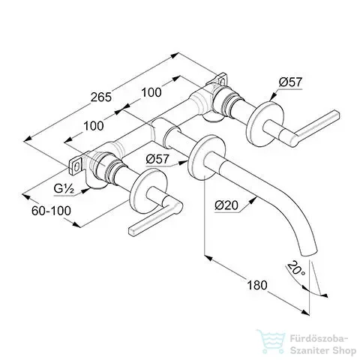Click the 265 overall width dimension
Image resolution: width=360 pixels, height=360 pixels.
pyautogui.click(x=101, y=97)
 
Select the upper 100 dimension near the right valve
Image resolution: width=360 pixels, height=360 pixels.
pyautogui.click(x=151, y=92)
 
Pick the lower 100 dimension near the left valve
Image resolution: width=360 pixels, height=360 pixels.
pyautogui.click(x=93, y=126)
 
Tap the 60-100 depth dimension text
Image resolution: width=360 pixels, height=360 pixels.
pyautogui.click(x=51, y=211)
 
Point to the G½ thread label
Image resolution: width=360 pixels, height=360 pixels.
pyautogui.click(x=64, y=189)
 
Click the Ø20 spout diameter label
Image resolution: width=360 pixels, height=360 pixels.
pyautogui.click(x=226, y=205)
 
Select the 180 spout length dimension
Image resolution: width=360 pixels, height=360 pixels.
pyautogui.click(x=257, y=285)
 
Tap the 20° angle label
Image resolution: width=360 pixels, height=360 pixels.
pyautogui.click(x=295, y=268)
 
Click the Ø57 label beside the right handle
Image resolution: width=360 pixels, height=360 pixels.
pyautogui.click(x=290, y=82)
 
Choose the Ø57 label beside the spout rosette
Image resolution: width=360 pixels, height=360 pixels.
pyautogui.click(x=157, y=159)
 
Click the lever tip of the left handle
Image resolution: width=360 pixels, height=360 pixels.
pyautogui.click(x=131, y=231)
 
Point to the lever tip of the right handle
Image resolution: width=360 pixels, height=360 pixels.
pyautogui.click(x=337, y=113)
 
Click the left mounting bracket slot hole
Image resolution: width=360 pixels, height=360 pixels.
pyautogui.click(x=77, y=166)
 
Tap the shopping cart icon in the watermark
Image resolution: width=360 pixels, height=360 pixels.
pyautogui.click(x=271, y=340)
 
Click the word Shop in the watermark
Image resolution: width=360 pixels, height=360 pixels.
pyautogui.click(x=343, y=350)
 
